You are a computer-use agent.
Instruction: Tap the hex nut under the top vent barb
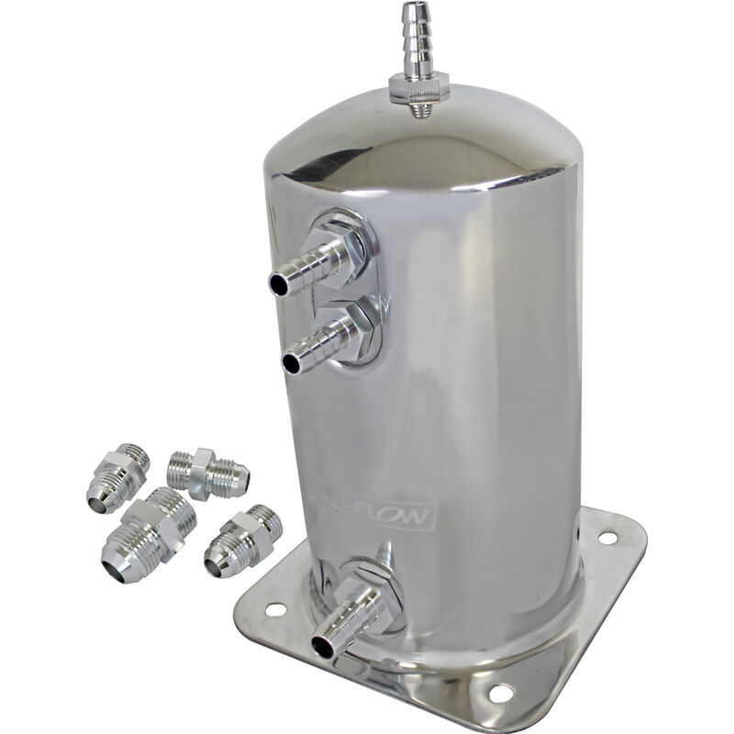[418, 88]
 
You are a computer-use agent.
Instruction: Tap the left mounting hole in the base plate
[273, 607]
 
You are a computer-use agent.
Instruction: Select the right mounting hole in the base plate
[606, 538]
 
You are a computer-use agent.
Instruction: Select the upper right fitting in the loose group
[208, 473]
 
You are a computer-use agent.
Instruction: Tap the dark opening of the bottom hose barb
[322, 646]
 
